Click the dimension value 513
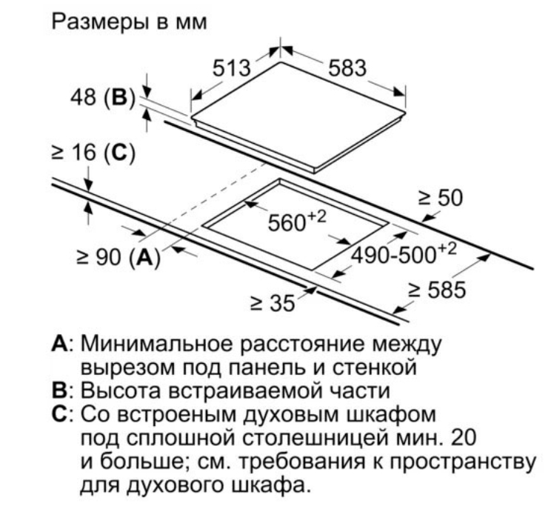[232, 68]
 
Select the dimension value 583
[347, 68]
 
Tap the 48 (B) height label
[103, 96]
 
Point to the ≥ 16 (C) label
[93, 153]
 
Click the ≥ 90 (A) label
[118, 257]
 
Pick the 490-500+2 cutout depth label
[404, 253]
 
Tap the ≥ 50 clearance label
[441, 198]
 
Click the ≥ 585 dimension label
[437, 290]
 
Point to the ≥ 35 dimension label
[273, 302]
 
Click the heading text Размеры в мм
[129, 21]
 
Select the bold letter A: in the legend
[62, 344]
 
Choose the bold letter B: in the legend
[62, 390]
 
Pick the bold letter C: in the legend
[62, 414]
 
